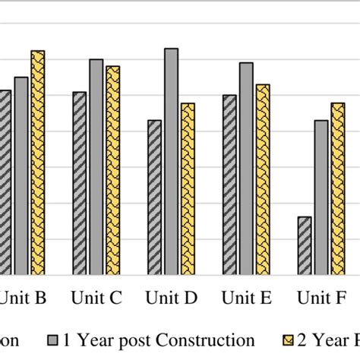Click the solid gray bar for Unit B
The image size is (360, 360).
pos(21,175)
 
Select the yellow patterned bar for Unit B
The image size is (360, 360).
pos(37,163)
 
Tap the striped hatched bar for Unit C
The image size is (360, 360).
pos(80,183)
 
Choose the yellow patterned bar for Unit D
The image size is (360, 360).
pos(188,189)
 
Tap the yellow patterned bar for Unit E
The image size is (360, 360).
pos(263,179)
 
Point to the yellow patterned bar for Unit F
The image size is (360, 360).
pos(338,189)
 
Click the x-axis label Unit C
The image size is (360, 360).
pos(96,298)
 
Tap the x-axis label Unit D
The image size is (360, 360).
pos(171,298)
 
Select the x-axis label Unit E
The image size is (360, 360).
pos(246,298)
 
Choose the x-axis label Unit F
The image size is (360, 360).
pos(321,298)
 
